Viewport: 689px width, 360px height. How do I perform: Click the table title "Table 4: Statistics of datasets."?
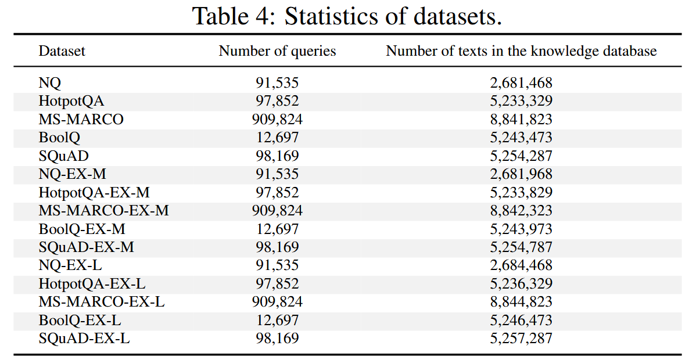[x=347, y=17]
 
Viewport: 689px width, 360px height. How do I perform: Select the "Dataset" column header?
[x=62, y=51]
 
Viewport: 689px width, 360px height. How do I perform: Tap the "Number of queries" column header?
[x=277, y=51]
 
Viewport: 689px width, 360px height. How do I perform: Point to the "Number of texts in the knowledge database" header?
[x=521, y=51]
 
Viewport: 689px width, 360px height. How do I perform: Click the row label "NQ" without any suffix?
[x=49, y=83]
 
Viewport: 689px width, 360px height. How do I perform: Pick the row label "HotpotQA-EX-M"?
[x=94, y=192]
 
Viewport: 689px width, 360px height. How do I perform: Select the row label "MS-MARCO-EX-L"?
[x=102, y=301]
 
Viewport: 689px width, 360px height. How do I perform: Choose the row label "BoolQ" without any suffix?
[x=59, y=138]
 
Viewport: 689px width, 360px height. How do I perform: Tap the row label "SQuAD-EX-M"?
[x=86, y=247]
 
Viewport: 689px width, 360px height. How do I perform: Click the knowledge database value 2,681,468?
[x=521, y=83]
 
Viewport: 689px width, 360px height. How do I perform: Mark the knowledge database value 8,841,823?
[x=521, y=120]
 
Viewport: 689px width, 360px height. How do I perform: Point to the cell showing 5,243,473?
[x=521, y=138]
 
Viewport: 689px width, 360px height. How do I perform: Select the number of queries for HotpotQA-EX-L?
[x=277, y=283]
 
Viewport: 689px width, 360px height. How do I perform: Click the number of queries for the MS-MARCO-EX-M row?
[x=277, y=211]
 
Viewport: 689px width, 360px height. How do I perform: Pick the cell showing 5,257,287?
[x=521, y=338]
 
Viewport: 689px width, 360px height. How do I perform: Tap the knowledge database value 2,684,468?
[x=521, y=265]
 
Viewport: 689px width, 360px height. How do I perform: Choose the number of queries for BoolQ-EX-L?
[x=277, y=320]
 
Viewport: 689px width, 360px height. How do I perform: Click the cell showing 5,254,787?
[x=521, y=247]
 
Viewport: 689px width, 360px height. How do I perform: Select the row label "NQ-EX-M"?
[x=73, y=174]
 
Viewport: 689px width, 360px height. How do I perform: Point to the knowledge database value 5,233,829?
[x=521, y=192]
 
